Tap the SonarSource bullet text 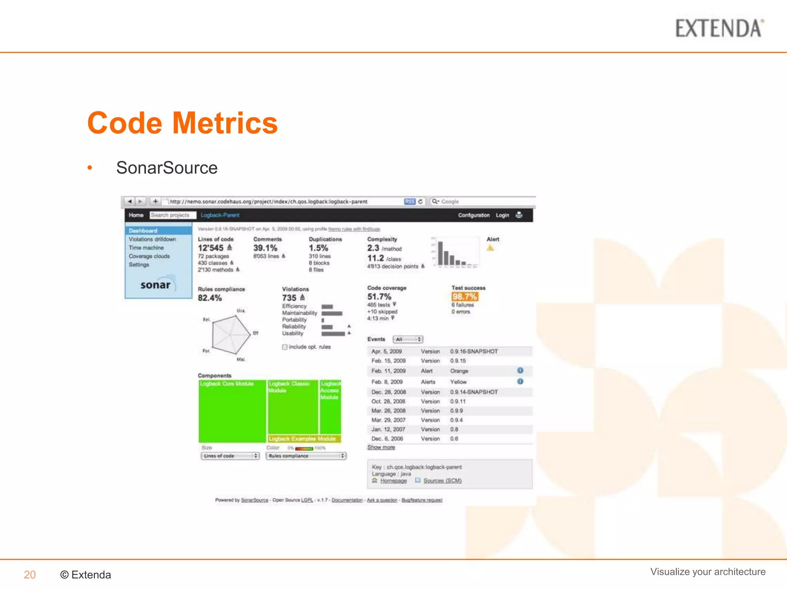pos(167,168)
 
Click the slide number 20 pos(30,575)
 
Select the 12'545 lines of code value pos(211,248)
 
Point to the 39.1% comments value pos(265,248)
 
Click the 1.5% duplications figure pos(319,248)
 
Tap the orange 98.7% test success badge pos(465,297)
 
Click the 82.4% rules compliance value pos(210,298)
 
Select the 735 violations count pos(289,298)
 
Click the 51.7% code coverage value pos(379,297)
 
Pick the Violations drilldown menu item pos(152,239)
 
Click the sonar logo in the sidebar pos(156,284)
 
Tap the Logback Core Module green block pos(232,411)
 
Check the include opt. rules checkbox pos(285,347)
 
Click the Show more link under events pos(381,447)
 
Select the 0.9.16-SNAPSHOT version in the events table pos(474,351)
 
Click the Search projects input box pos(173,215)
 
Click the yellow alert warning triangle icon pos(490,248)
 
